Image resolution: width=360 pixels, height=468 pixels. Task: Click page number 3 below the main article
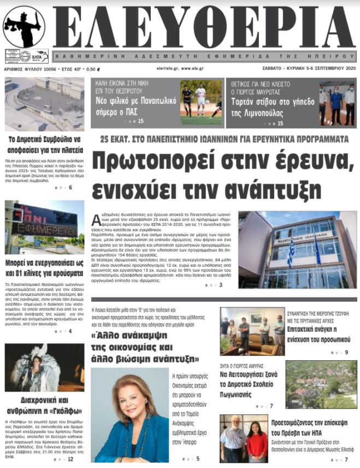click(x=221, y=285)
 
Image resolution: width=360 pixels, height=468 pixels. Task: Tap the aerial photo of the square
click(x=44, y=104)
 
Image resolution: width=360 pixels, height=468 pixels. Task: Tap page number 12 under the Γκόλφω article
click(x=70, y=459)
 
